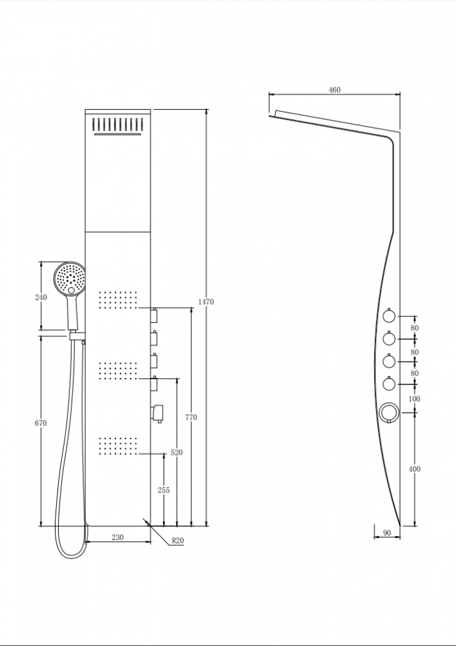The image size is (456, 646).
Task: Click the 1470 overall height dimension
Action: tap(206, 302)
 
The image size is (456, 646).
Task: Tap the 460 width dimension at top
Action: tap(335, 90)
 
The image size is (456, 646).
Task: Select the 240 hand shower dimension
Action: tap(41, 297)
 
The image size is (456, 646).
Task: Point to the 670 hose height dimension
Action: tap(41, 422)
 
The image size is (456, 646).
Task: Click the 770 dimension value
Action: tap(191, 417)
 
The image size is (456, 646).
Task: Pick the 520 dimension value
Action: tap(176, 452)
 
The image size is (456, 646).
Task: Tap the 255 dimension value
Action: tap(163, 490)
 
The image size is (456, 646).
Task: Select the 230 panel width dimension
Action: tap(118, 537)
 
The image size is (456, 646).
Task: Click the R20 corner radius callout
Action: tap(178, 541)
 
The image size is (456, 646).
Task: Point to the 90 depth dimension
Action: tap(387, 533)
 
